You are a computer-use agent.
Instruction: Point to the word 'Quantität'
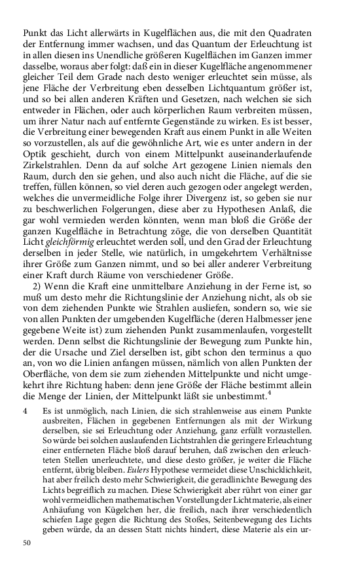(308, 247)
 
